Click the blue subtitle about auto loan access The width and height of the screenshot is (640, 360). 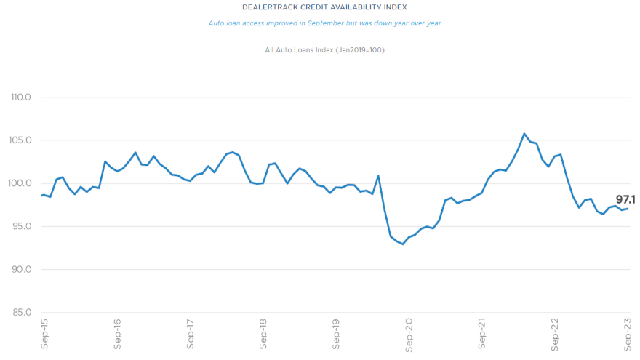[324, 23]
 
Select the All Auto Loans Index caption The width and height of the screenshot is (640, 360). [324, 50]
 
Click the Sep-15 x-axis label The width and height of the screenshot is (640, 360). [44, 333]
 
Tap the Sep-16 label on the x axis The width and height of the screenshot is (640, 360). [117, 333]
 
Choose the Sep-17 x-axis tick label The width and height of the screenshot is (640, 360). [191, 333]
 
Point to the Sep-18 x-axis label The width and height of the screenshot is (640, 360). [263, 333]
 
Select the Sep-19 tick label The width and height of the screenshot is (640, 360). [337, 333]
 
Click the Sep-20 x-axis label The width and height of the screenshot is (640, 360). [409, 333]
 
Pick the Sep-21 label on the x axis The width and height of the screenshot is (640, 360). [483, 333]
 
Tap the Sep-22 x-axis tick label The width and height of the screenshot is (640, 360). [556, 333]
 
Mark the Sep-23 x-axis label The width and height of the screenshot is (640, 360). [628, 333]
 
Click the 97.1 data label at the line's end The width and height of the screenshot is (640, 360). [626, 199]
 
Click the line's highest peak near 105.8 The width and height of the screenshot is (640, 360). [524, 134]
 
